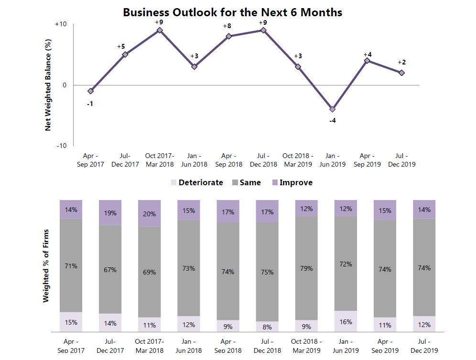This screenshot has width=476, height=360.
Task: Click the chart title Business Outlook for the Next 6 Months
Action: tap(232, 12)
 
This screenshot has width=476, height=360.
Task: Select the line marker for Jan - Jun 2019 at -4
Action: tap(333, 109)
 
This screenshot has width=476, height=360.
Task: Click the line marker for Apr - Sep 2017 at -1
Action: tap(91, 91)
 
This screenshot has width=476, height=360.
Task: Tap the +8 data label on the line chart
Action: tap(227, 26)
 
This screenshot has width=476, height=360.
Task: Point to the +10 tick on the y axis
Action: tap(61, 24)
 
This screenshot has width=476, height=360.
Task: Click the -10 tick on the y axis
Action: tap(62, 146)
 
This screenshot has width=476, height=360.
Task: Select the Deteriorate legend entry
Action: tap(196, 182)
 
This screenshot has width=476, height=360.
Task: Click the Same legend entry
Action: tap(246, 182)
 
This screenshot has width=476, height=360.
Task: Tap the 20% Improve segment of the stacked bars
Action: tap(150, 213)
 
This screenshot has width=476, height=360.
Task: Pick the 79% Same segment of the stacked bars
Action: tap(306, 268)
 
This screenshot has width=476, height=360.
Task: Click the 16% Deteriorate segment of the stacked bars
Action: tap(346, 321)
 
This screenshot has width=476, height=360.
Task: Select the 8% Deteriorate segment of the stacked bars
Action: tap(267, 327)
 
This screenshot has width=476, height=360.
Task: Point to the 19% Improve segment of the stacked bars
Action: tap(110, 212)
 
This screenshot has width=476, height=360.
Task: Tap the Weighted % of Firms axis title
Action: tap(46, 266)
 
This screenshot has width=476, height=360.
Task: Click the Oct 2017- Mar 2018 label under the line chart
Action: tap(160, 160)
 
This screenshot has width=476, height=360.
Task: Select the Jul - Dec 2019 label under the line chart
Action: tap(402, 160)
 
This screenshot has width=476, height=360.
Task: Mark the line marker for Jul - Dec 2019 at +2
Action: tap(402, 73)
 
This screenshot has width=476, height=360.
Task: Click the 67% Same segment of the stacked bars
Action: tap(110, 269)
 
